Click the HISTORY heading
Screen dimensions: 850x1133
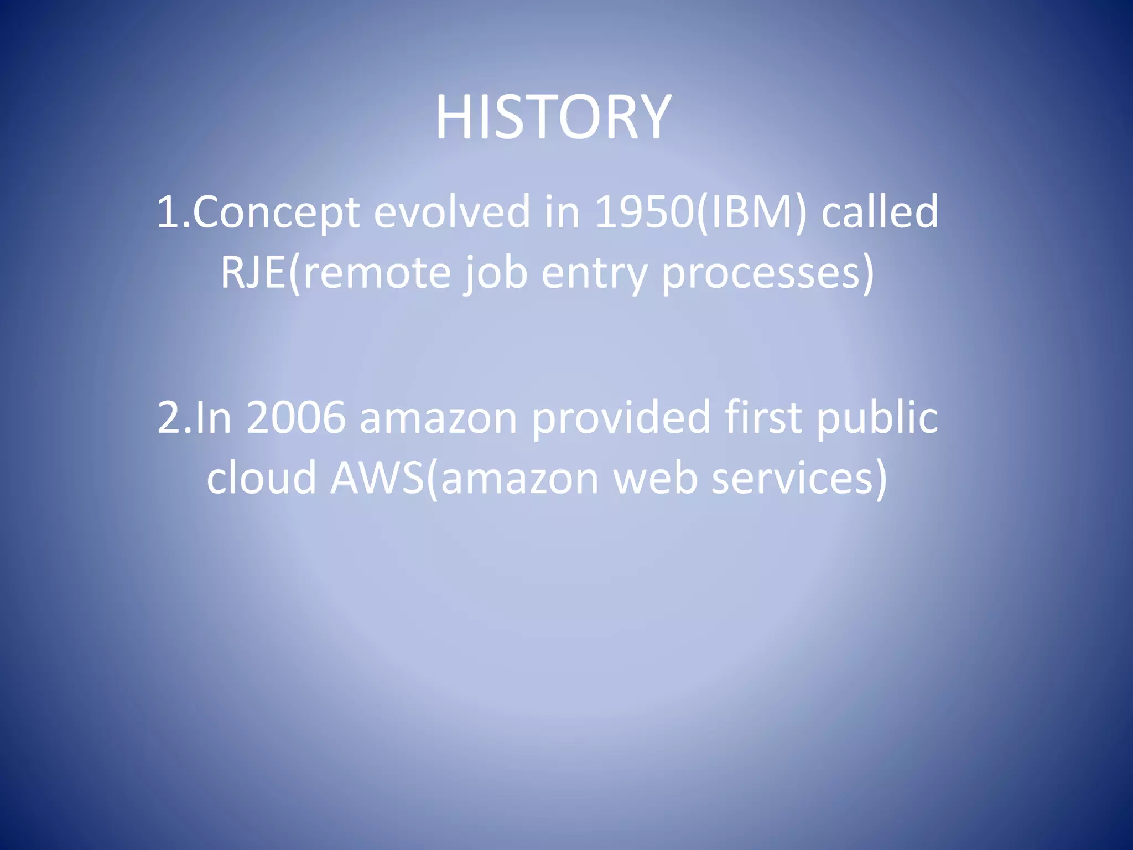click(553, 117)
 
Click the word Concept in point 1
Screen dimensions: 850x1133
click(276, 212)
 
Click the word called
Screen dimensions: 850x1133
click(880, 212)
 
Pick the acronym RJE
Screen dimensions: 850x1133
click(252, 272)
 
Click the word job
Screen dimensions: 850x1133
click(496, 272)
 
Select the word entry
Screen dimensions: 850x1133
click(594, 272)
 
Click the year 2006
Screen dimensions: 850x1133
click(295, 417)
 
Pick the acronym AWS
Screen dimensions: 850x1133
click(376, 477)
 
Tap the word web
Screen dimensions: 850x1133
click(655, 477)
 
